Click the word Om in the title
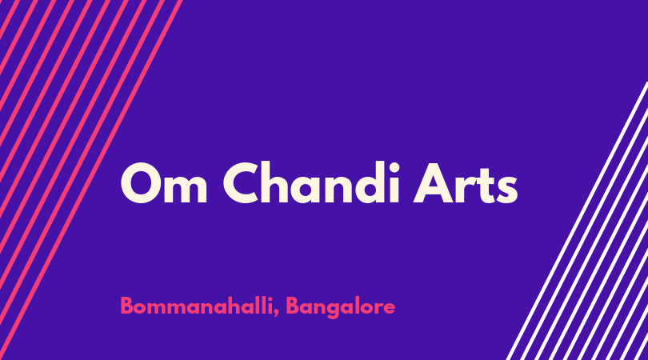point(164,183)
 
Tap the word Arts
point(466,183)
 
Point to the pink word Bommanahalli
point(196,306)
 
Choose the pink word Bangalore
point(341,307)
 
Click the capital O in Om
point(141,183)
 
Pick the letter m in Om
point(186,189)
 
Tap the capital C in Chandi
point(243,183)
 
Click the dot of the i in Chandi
point(394,168)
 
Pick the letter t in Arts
point(486,186)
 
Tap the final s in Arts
point(507,189)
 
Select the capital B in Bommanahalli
point(127,306)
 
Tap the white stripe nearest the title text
point(578,221)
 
